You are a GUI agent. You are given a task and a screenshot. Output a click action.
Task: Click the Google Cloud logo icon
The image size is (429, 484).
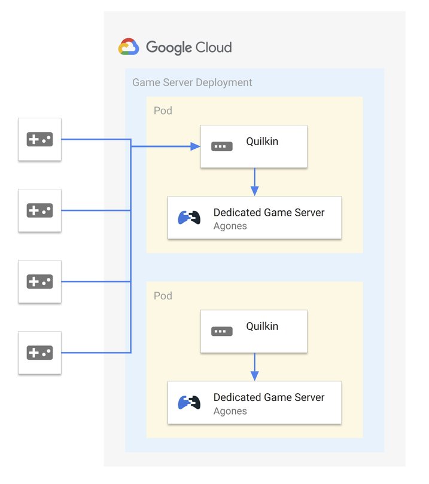click(x=129, y=47)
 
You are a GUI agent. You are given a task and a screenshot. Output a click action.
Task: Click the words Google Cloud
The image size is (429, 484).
click(x=188, y=47)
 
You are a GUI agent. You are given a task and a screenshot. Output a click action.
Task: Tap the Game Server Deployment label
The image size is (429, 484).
click(x=192, y=82)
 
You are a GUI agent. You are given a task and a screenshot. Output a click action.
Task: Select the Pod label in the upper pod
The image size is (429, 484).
click(x=163, y=111)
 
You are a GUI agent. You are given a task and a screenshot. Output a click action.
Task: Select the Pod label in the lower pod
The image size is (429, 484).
click(x=163, y=296)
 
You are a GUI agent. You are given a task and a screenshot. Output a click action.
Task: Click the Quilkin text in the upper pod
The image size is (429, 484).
click(x=262, y=142)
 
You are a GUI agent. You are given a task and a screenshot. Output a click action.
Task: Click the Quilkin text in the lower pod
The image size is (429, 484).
click(x=262, y=326)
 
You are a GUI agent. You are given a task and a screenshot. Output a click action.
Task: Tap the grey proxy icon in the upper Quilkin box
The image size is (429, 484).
click(x=222, y=146)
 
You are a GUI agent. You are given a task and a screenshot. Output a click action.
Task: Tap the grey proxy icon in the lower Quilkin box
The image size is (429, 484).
click(x=222, y=331)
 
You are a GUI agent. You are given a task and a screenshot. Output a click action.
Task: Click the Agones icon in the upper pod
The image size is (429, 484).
click(x=189, y=218)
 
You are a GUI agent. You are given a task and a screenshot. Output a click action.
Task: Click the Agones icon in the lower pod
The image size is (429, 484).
click(x=189, y=403)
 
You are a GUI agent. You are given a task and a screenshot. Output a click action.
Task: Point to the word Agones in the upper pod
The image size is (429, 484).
click(x=230, y=226)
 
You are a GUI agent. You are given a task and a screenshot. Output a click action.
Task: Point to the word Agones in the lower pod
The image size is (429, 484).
click(x=230, y=411)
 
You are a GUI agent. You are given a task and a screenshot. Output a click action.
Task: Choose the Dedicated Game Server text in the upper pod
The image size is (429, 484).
click(x=269, y=212)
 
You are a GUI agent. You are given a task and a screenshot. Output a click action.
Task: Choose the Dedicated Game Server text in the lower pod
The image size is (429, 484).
click(x=269, y=397)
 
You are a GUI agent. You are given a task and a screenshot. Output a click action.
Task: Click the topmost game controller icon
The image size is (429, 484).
click(x=39, y=139)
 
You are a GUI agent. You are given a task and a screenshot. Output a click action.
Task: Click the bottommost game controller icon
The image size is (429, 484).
click(x=39, y=353)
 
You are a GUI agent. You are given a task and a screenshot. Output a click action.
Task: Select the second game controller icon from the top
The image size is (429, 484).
click(x=39, y=210)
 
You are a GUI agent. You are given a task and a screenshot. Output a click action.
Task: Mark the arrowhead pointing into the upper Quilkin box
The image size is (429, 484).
click(x=195, y=146)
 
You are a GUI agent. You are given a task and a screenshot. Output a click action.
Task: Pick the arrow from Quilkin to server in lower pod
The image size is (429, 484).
click(x=254, y=366)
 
